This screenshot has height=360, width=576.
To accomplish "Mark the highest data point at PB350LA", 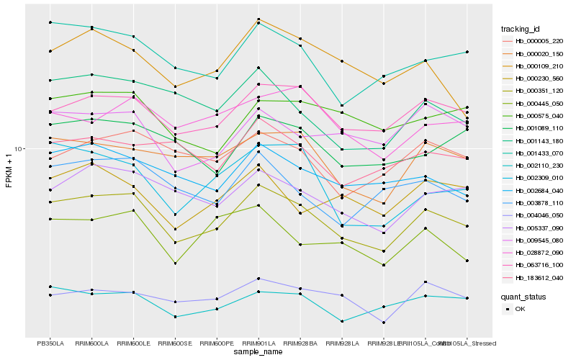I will (50, 22).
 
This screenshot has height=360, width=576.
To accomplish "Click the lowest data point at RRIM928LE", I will (384, 324).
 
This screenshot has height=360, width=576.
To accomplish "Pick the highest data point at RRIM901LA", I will (258, 19).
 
